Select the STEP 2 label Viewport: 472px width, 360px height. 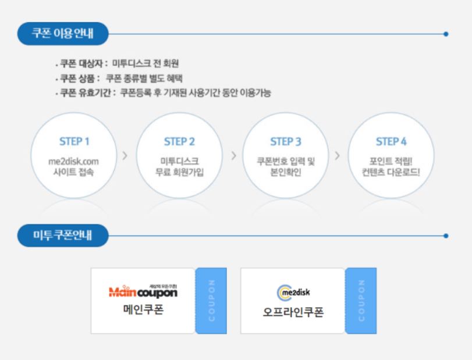point(179,142)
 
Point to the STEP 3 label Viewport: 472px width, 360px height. point(286,142)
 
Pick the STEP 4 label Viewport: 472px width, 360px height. point(391,142)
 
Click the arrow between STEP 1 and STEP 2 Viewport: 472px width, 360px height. point(126,156)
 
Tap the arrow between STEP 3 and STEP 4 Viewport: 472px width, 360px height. point(337,156)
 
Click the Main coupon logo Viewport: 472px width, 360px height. point(143,291)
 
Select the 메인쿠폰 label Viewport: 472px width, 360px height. point(143,309)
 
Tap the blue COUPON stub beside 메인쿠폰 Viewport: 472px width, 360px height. point(210,301)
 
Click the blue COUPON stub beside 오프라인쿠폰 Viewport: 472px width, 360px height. point(361,301)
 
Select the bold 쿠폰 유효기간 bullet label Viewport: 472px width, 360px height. point(84,92)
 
